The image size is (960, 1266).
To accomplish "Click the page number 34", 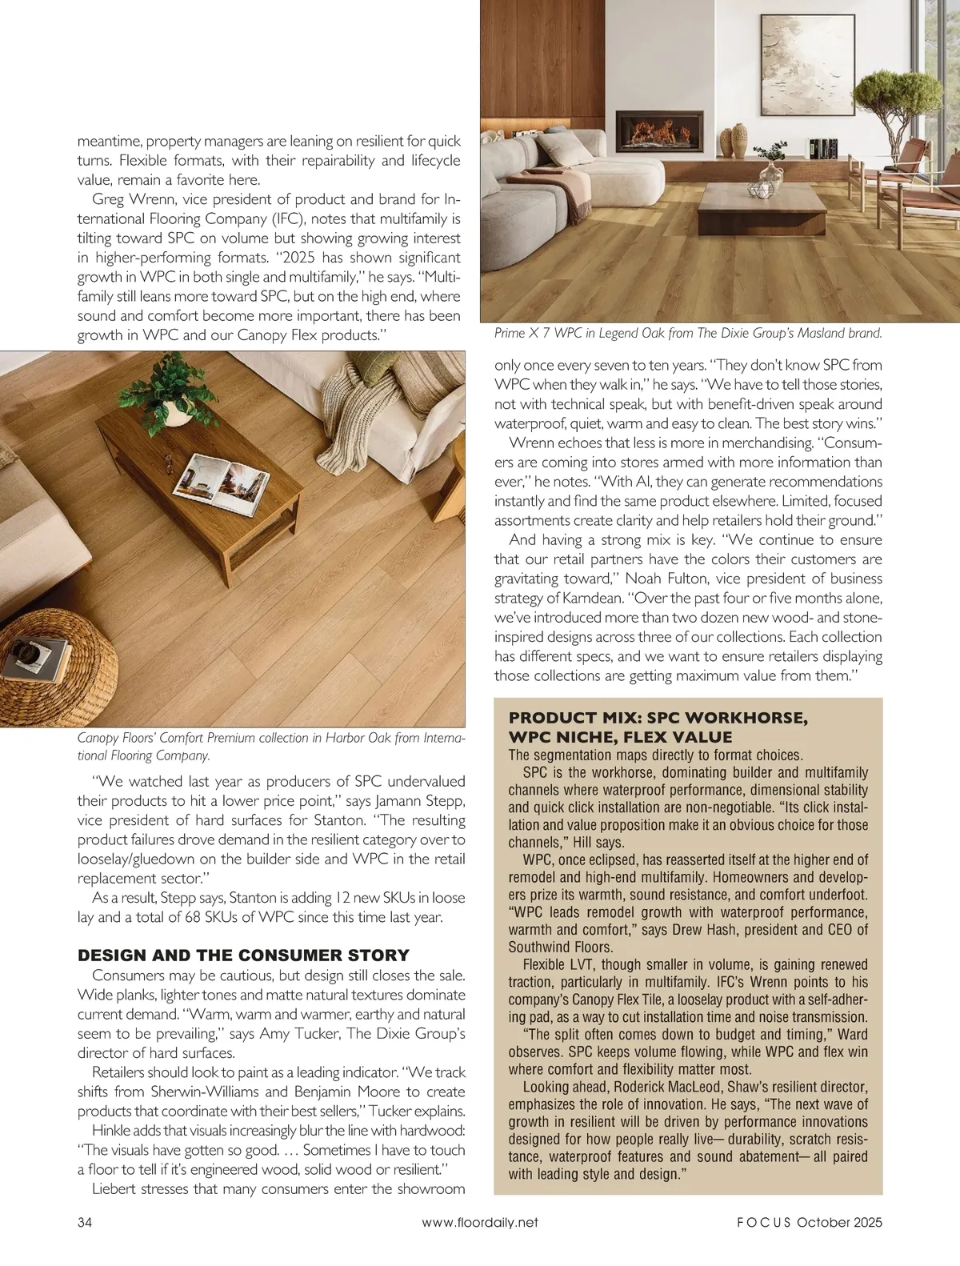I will [x=85, y=1222].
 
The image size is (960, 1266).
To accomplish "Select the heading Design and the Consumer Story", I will [x=243, y=956].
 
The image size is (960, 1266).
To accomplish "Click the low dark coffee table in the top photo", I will [x=761, y=206].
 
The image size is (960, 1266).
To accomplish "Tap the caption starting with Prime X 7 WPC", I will [x=688, y=333].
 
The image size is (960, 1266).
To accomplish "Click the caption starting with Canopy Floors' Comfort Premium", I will [x=270, y=746].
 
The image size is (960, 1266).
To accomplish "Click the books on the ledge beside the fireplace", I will [x=822, y=148].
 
